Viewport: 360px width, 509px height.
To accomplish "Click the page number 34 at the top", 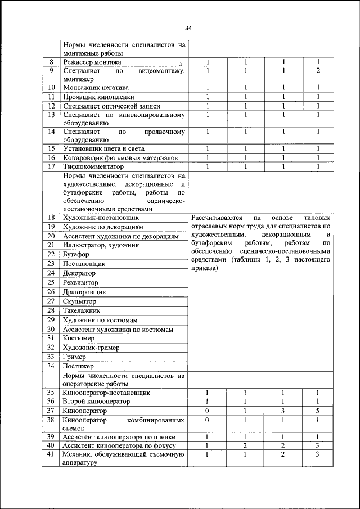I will [188, 29].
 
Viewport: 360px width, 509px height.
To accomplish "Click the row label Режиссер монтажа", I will [92, 62].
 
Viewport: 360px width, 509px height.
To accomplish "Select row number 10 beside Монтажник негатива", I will [51, 88].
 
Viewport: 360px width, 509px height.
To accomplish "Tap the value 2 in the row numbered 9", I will [318, 71].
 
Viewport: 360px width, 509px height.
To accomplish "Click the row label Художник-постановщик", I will [101, 217].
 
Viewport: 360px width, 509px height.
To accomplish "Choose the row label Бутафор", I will [76, 254].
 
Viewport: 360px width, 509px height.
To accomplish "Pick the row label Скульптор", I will [79, 301].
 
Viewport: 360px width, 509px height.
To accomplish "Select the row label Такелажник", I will [82, 310].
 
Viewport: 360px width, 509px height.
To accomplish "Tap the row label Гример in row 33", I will [75, 357].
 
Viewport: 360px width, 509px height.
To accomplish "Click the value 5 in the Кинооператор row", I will [318, 411].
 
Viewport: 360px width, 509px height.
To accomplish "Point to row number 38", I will [51, 420].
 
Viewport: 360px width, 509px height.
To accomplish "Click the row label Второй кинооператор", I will [96, 402].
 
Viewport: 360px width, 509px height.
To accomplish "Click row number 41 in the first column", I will [51, 454].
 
